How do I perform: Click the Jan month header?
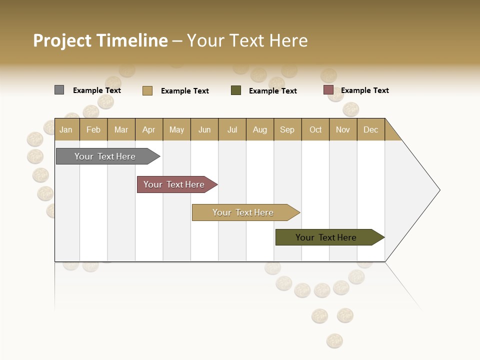click(x=66, y=129)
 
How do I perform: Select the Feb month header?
click(x=93, y=129)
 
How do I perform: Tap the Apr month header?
click(x=149, y=129)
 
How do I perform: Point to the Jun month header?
click(x=204, y=129)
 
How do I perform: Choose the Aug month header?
click(x=260, y=129)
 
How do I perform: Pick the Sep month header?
click(x=287, y=129)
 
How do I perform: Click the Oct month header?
click(x=315, y=129)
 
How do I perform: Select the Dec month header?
click(x=371, y=129)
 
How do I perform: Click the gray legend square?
click(x=59, y=90)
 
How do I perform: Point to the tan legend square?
click(x=147, y=90)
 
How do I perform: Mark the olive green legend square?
click(x=236, y=90)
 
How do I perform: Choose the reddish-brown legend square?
click(x=328, y=90)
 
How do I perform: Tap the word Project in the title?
click(x=62, y=40)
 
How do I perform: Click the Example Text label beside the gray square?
click(x=97, y=90)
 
